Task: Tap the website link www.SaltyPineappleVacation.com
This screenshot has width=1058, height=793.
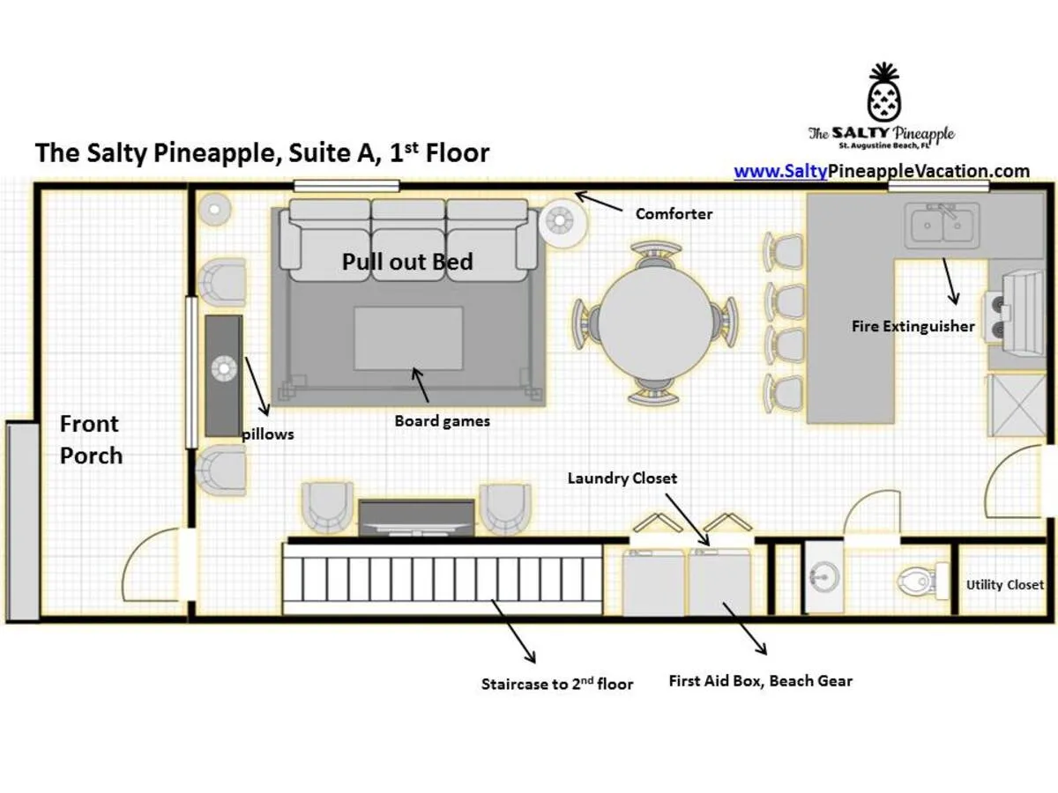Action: (882, 172)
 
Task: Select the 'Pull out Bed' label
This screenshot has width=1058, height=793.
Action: (407, 262)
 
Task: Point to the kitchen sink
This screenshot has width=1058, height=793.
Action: (942, 225)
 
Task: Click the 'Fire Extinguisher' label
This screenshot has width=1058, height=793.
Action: (913, 326)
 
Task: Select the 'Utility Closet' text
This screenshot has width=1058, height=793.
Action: (1005, 585)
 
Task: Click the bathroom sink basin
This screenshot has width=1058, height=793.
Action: (824, 576)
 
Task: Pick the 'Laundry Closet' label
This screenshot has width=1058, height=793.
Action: (622, 478)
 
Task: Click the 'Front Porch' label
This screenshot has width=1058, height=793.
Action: (91, 440)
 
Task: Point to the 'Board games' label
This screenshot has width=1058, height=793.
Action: (442, 421)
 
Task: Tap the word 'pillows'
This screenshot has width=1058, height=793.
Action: (268, 434)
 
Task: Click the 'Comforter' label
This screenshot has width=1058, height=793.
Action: (674, 214)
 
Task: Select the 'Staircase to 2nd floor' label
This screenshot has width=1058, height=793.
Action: (556, 684)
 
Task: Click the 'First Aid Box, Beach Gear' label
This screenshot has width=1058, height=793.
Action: (761, 681)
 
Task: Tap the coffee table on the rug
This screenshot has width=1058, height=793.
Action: (408, 338)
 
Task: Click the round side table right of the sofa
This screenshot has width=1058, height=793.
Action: (561, 221)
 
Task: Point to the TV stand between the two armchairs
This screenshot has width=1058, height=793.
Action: (416, 518)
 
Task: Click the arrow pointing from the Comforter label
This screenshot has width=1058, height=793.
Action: (598, 201)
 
